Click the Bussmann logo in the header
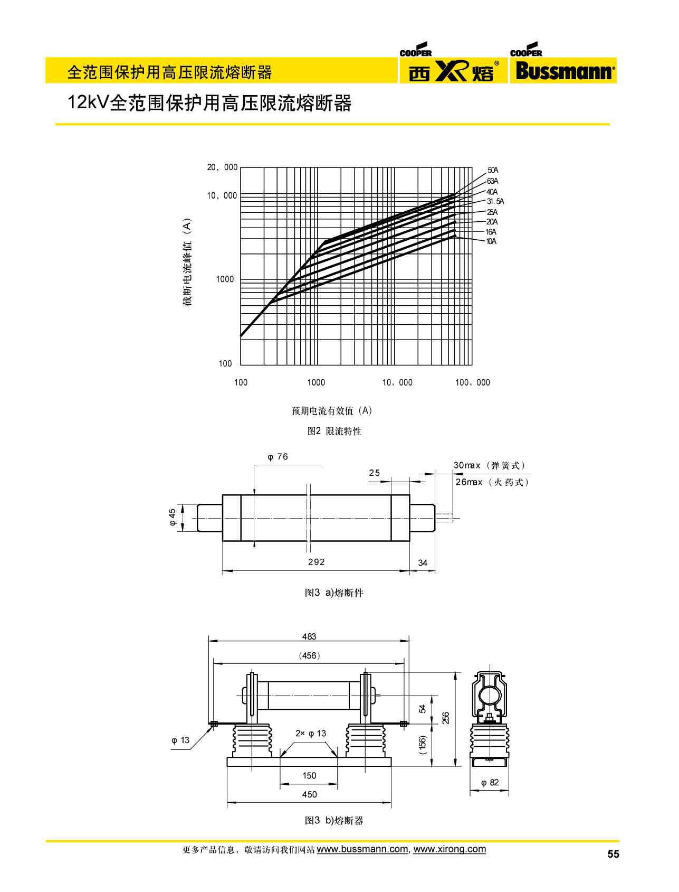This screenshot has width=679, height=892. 563,71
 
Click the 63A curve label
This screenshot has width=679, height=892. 492,181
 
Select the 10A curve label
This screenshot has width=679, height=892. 491,241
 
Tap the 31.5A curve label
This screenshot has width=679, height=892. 495,201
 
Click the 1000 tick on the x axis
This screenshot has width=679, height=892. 316,382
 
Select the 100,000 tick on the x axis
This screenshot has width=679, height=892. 472,382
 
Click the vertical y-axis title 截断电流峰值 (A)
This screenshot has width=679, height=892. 188,262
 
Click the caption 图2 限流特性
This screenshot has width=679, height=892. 334,431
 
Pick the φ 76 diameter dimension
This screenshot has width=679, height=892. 278,457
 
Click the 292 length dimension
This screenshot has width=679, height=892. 317,562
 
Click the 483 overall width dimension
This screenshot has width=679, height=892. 309,637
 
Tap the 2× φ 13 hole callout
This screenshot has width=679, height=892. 311,733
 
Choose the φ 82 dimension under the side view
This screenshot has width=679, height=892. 490,783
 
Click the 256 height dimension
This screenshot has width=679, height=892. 446,718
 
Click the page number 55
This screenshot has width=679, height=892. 613,855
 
